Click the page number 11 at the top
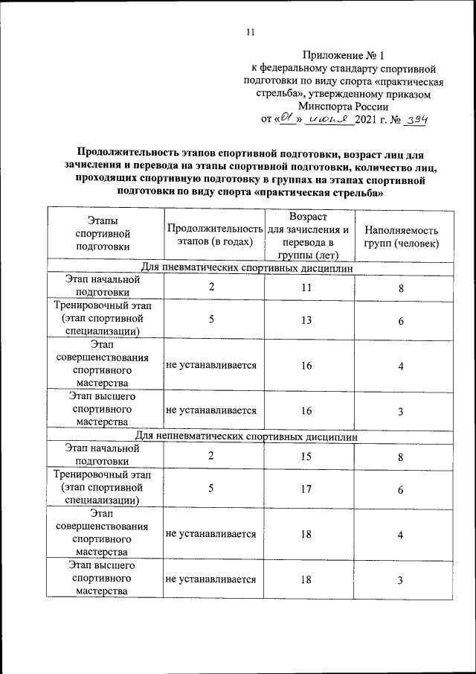tap(250, 31)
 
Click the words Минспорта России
tap(343, 106)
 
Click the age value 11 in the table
tap(306, 287)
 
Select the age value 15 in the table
tap(306, 457)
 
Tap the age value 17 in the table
tap(306, 489)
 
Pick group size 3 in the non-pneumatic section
tap(400, 580)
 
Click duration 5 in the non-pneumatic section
tap(212, 489)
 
